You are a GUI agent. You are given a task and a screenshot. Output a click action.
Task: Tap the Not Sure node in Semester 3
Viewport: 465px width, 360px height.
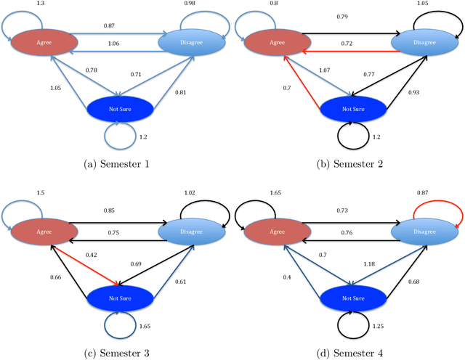tap(120, 296)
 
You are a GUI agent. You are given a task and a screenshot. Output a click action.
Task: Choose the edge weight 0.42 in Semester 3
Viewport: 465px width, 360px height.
tap(70, 255)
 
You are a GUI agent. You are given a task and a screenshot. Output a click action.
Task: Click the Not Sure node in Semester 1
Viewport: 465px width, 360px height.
tap(120, 107)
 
